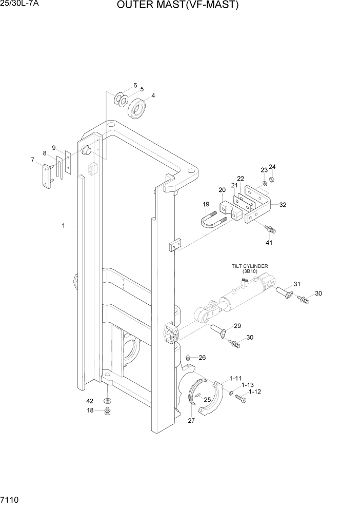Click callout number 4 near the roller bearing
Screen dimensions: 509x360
153,95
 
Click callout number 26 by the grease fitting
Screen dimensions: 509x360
202,358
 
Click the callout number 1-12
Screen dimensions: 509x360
255,391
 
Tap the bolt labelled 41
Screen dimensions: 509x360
269,227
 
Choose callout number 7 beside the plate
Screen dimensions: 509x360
33,160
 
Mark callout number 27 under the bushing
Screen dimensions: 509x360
192,421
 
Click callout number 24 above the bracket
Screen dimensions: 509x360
272,167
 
